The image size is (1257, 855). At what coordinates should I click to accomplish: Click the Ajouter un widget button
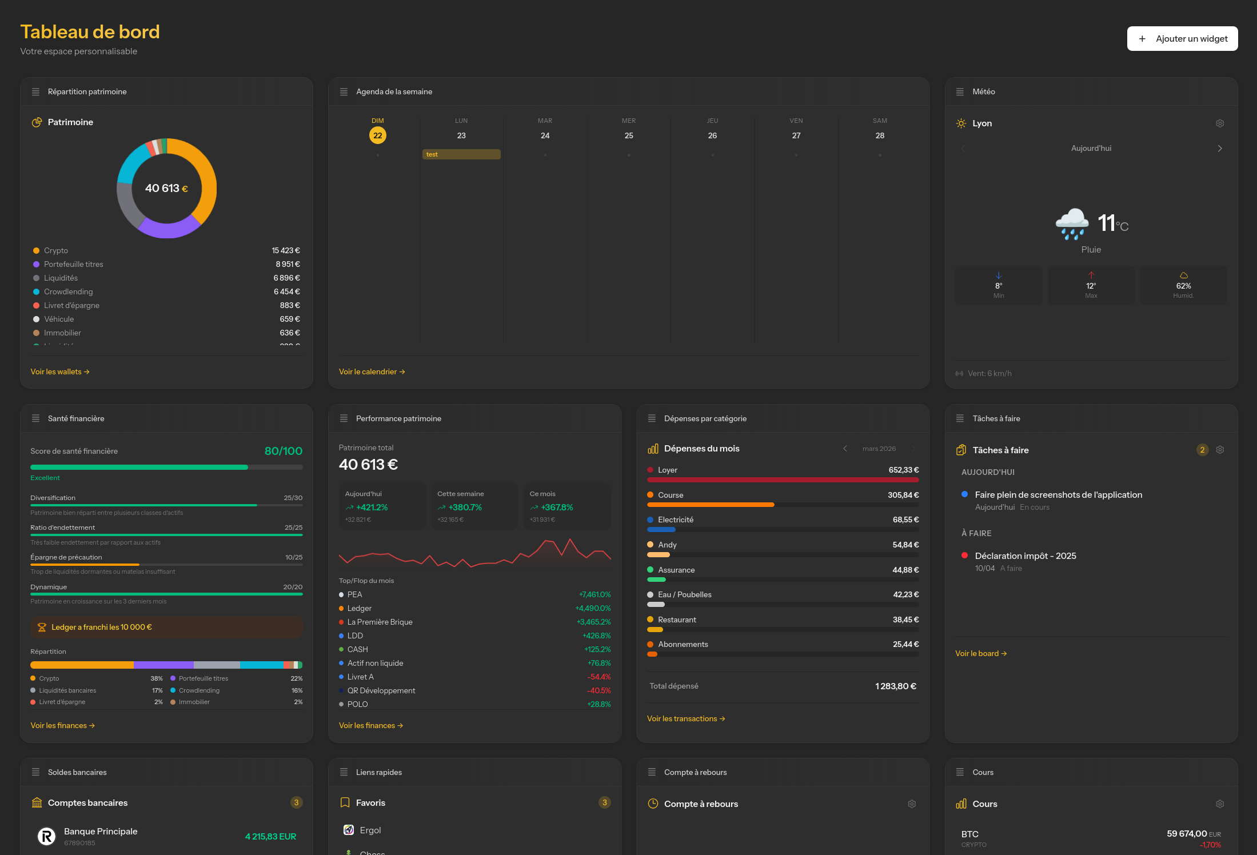(1182, 39)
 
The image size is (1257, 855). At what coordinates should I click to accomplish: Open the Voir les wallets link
(59, 372)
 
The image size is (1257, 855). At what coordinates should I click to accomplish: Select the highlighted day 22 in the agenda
(377, 135)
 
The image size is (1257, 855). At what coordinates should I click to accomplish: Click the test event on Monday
(461, 154)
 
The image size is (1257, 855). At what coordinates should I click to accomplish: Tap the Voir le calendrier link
(372, 372)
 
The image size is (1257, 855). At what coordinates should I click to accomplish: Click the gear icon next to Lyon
(1219, 123)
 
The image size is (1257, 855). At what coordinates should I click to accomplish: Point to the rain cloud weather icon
(1071, 223)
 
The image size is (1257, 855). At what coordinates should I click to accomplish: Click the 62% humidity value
(1183, 286)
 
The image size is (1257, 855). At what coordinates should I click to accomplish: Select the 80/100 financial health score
(283, 451)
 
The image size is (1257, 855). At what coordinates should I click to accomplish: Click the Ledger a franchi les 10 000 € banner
(166, 627)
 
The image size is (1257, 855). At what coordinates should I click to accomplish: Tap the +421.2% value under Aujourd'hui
(372, 508)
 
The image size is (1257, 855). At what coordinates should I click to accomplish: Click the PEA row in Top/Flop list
(354, 594)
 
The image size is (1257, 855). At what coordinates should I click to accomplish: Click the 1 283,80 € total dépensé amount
(895, 686)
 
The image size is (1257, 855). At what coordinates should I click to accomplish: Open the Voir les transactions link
(685, 719)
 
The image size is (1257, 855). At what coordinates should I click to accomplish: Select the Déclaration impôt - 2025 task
(1025, 556)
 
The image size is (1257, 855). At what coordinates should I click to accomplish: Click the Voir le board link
(980, 654)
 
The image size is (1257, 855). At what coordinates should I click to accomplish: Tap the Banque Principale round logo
(46, 837)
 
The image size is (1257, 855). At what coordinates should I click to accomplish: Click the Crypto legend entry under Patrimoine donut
(56, 251)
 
